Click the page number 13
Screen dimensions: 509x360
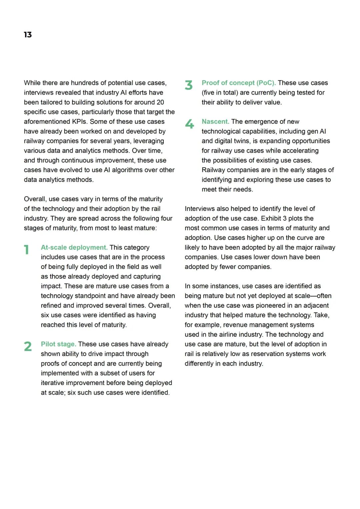[28, 35]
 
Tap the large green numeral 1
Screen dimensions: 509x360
[27, 250]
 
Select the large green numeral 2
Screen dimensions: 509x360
[28, 346]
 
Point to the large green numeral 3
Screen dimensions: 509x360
[189, 85]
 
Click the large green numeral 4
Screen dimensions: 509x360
[189, 124]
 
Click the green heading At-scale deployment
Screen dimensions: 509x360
[74, 247]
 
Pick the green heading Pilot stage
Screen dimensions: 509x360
[58, 344]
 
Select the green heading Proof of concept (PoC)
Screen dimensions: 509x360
[238, 83]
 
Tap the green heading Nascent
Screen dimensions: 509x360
[215, 121]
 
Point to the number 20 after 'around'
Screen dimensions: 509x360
[160, 102]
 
